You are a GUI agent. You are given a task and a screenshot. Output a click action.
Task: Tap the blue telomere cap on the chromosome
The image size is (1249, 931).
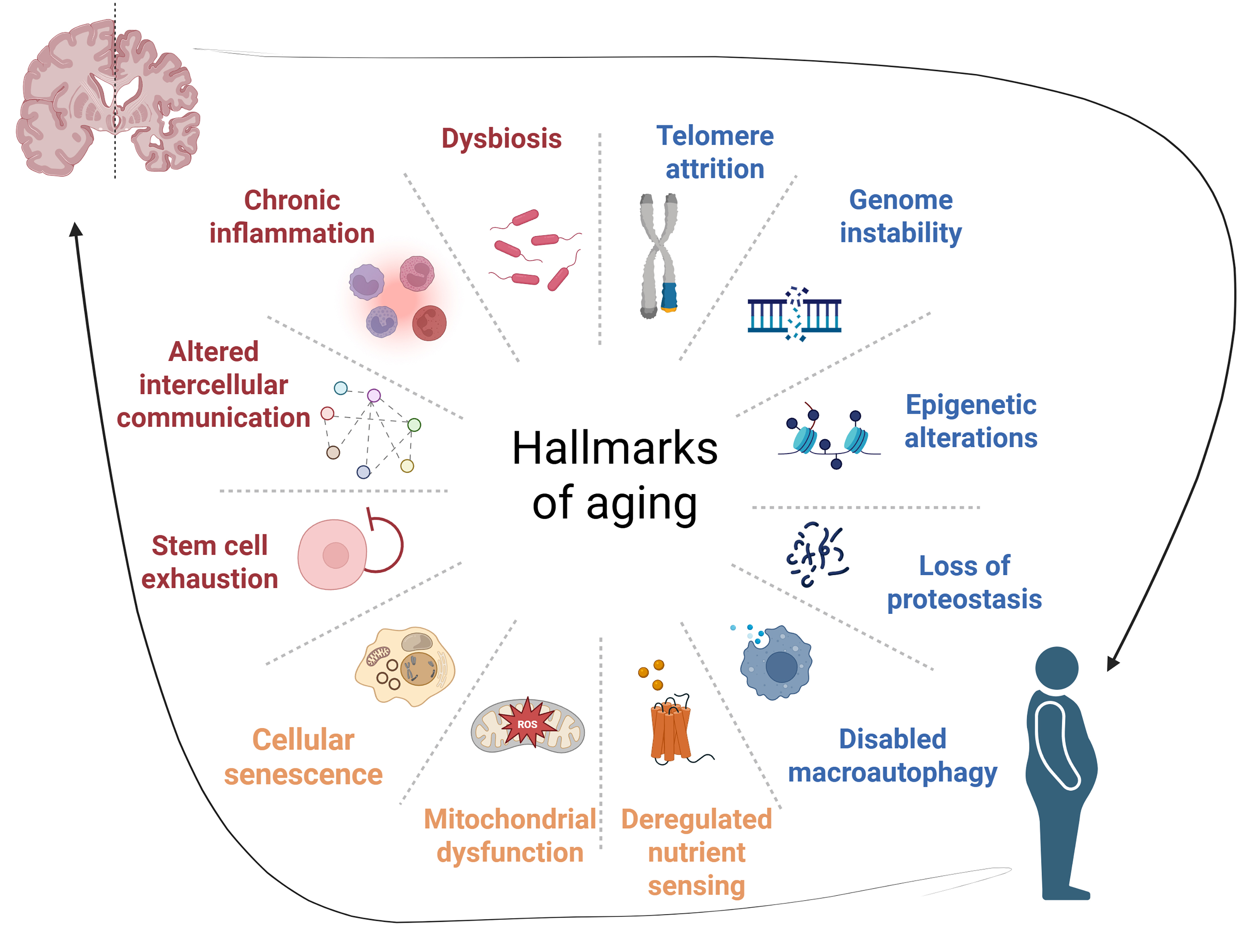pos(669,296)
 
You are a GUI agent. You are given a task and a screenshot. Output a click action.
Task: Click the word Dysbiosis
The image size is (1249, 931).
pos(501,138)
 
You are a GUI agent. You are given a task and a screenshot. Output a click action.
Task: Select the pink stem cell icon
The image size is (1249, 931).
pos(332,555)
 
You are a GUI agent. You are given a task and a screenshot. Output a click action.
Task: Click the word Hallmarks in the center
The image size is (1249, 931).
pos(614,448)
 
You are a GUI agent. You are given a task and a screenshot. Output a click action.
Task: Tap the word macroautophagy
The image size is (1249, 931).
pos(892,772)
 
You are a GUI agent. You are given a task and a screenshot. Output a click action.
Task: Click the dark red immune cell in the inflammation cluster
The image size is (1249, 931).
pos(429,323)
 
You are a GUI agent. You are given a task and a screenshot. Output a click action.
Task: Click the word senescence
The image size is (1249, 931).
pos(303,774)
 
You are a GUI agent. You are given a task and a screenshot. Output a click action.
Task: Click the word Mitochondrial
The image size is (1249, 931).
pos(510,819)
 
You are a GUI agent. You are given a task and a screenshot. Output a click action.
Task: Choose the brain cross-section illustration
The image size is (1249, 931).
pos(107,99)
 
